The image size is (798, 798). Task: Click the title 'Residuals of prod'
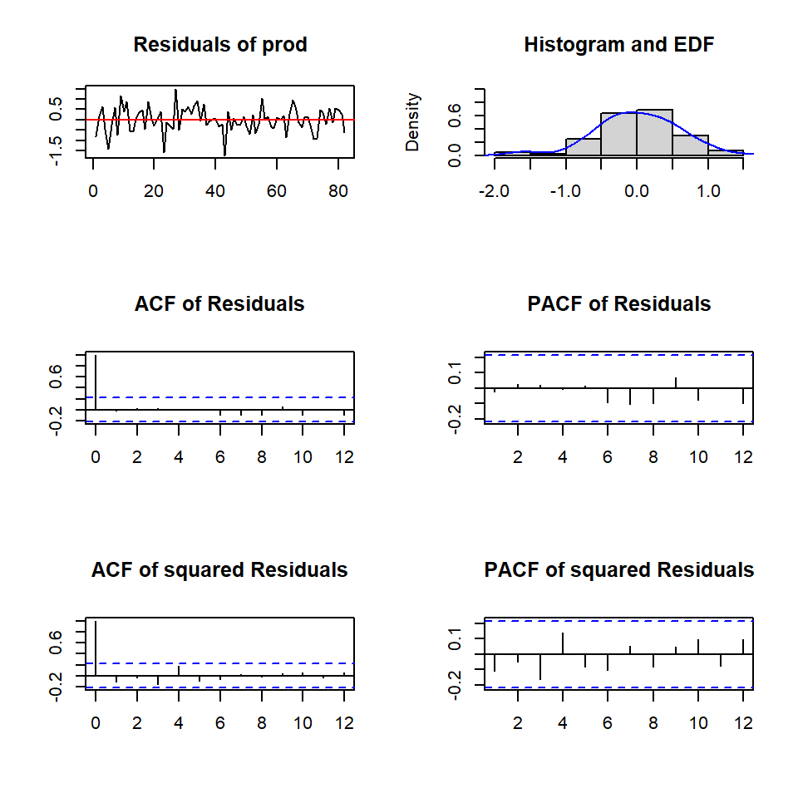point(220,45)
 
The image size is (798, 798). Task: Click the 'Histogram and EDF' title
point(618,45)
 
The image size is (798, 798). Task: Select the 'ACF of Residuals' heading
point(219,304)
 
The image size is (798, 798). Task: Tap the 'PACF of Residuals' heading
point(618,304)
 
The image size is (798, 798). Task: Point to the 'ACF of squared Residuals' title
point(219,570)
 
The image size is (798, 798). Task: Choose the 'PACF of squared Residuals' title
point(618,570)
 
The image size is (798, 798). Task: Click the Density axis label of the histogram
point(413,122)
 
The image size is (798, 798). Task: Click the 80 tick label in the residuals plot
point(337,190)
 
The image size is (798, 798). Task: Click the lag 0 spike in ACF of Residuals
point(96,382)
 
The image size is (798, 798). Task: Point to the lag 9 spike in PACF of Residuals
point(676,383)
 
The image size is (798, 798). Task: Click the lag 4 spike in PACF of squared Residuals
point(563,643)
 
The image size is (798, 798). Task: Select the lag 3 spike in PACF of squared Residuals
point(540,667)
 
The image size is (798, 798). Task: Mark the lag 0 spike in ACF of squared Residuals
point(96,648)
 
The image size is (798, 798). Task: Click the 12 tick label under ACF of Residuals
point(344,456)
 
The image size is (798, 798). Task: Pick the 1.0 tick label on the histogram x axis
point(708,190)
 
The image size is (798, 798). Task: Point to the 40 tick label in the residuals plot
point(215,190)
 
